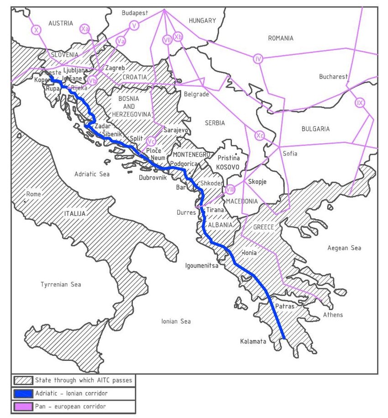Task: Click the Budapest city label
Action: pos(135,13)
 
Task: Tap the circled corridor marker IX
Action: pos(360,103)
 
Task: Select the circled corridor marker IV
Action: pos(258,58)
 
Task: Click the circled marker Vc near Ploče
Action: pos(151,141)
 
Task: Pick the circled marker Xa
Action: pos(84,29)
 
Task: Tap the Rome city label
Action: pos(34,194)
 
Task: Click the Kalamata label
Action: pos(253,341)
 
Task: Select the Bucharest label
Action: pos(333,76)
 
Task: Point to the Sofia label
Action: pos(290,153)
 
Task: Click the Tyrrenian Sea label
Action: pos(61,285)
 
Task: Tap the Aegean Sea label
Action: pos(344,248)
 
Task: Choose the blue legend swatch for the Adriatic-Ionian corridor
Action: pos(23,393)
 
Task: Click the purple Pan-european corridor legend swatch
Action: pos(23,406)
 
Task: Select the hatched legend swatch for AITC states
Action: pos(23,380)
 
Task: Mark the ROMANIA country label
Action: pos(280,38)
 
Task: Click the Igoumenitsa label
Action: pos(201,265)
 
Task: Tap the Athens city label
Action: pos(333,315)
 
